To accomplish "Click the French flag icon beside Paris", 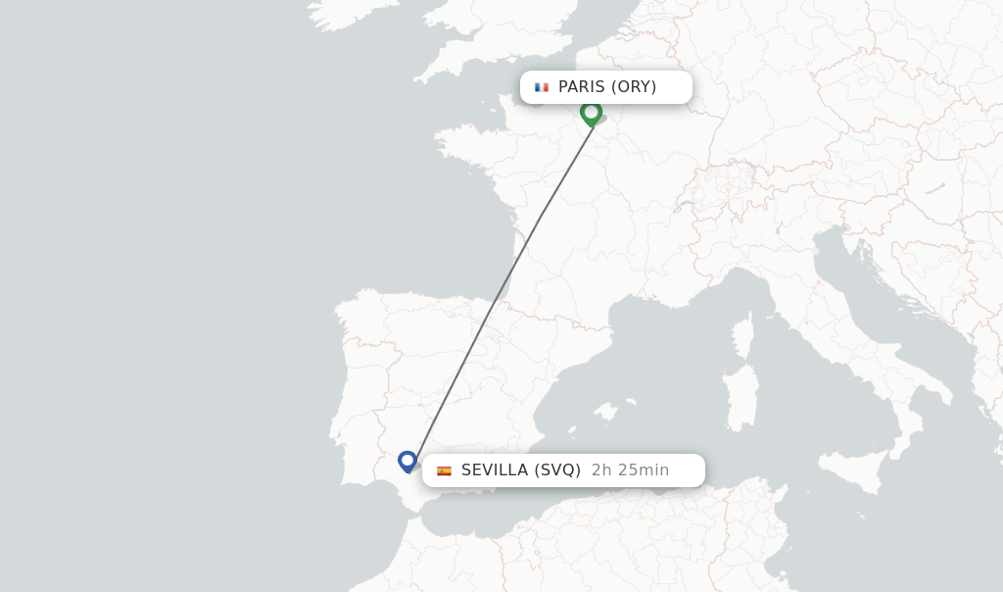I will pyautogui.click(x=542, y=87).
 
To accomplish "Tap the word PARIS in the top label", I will pyautogui.click(x=582, y=87).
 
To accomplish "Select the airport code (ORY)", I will pyautogui.click(x=634, y=87).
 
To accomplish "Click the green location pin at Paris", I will pyautogui.click(x=591, y=113).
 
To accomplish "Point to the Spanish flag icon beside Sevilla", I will pyautogui.click(x=444, y=470).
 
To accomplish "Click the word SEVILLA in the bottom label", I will pyautogui.click(x=495, y=470).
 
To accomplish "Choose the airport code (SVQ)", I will pyautogui.click(x=557, y=470).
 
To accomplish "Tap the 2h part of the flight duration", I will pyautogui.click(x=600, y=470).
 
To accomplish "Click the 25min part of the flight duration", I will pyautogui.click(x=643, y=470).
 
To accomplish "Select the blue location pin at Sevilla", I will pyautogui.click(x=407, y=461).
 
